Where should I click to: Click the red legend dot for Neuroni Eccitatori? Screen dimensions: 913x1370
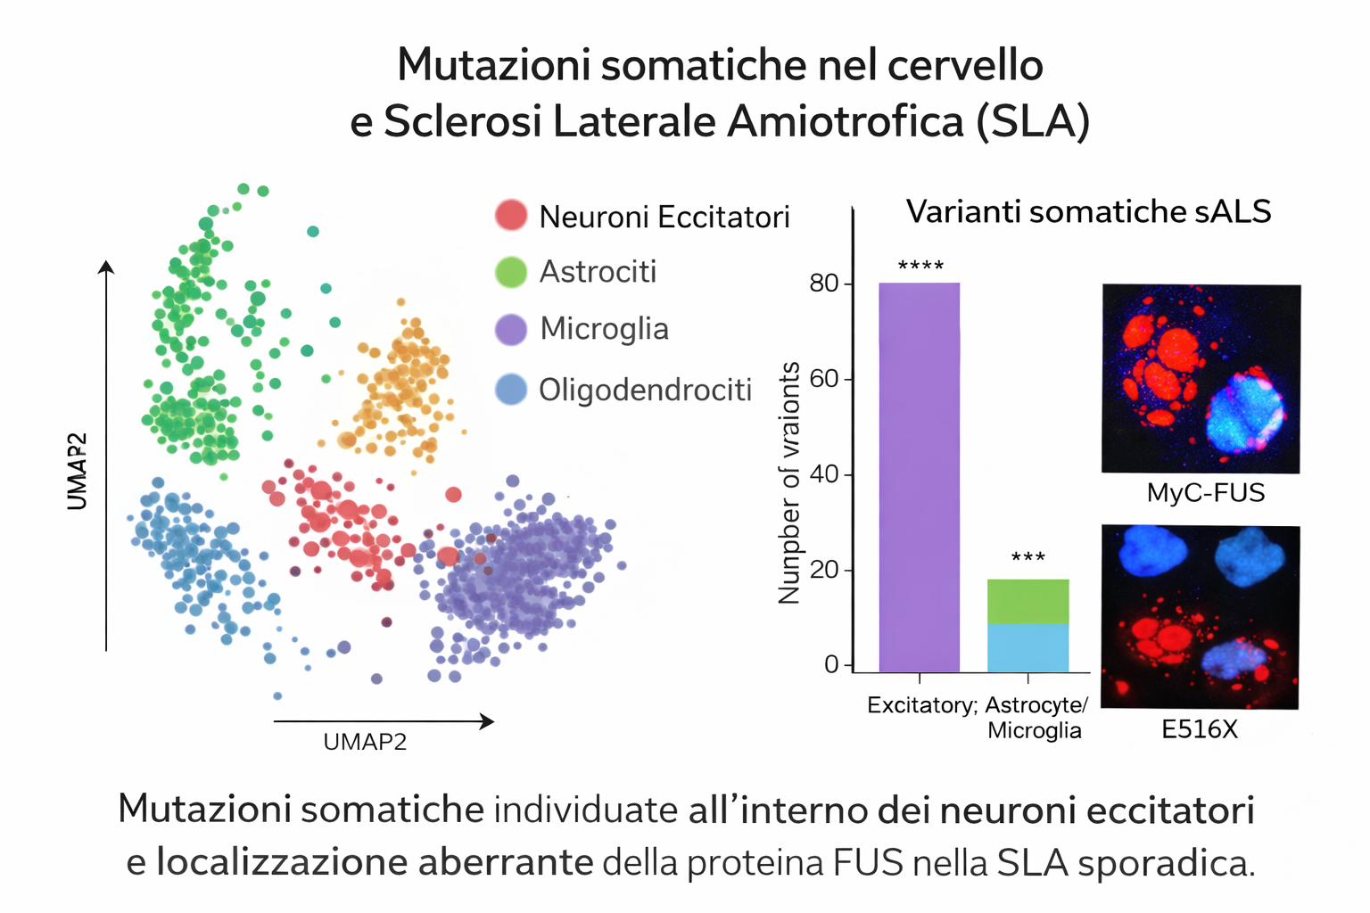(511, 216)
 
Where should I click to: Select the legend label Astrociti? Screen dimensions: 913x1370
(598, 271)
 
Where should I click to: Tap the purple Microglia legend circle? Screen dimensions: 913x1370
(511, 329)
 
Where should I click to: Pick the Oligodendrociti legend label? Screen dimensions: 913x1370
(645, 390)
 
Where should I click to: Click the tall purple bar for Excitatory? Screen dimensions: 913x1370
(919, 477)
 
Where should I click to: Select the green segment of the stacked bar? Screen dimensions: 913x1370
(1027, 601)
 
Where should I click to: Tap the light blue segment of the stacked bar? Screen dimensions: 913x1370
(1027, 647)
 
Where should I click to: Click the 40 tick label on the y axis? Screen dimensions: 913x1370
(823, 474)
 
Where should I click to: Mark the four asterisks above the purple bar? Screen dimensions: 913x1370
(920, 266)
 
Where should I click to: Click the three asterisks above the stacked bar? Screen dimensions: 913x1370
(1027, 558)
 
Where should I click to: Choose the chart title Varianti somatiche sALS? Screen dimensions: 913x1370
(1088, 211)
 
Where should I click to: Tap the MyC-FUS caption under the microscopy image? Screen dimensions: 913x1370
(1205, 493)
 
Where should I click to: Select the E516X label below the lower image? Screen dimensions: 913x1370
(1199, 729)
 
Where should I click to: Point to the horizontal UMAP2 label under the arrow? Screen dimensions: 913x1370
(365, 742)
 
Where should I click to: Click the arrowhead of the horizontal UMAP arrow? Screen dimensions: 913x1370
(487, 721)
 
